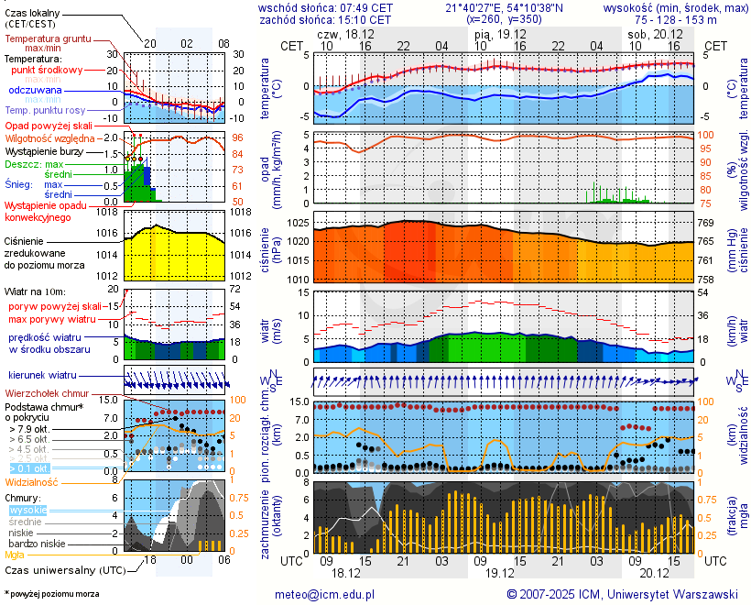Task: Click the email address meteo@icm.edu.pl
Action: click(x=325, y=594)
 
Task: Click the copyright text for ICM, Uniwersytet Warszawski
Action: click(x=623, y=594)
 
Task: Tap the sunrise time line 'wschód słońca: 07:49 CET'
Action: click(x=325, y=7)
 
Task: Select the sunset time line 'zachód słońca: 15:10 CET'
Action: click(x=325, y=19)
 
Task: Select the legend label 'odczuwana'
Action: click(x=35, y=91)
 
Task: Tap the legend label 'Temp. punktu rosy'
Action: click(x=44, y=110)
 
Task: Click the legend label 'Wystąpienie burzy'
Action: click(x=42, y=150)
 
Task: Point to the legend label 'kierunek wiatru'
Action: click(x=42, y=376)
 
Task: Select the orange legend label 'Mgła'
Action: click(x=15, y=555)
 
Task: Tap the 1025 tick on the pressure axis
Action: click(x=295, y=224)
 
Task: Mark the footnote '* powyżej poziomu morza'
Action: click(x=51, y=594)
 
